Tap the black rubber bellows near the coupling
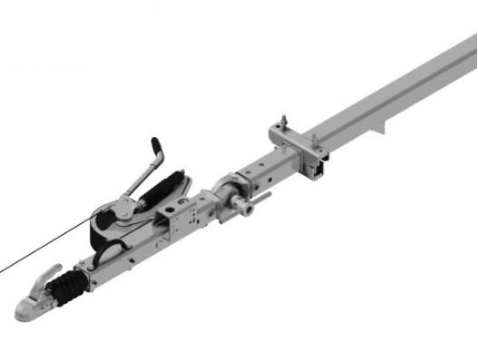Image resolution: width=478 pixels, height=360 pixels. (x=67, y=290)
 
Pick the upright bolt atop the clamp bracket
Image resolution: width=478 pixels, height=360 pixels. (x=285, y=123)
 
